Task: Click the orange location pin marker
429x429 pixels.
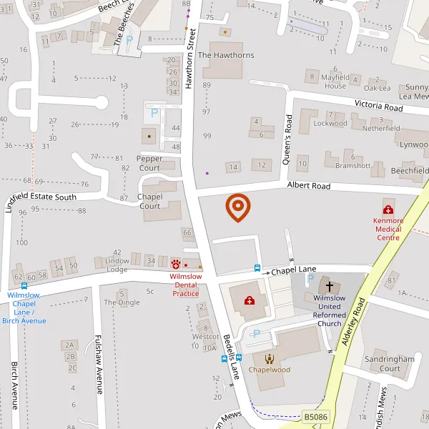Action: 237,207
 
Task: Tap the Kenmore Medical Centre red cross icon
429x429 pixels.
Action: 388,209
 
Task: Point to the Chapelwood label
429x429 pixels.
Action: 270,370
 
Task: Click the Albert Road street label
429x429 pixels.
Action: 309,186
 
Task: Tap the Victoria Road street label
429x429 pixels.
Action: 379,107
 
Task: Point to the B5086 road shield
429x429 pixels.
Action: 315,416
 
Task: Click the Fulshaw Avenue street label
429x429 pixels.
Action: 100,365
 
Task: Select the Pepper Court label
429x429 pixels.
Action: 149,162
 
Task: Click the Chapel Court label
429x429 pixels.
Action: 149,201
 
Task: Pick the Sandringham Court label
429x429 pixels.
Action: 390,363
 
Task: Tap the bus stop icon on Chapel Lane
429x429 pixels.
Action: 257,268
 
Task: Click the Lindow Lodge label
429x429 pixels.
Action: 117,264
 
